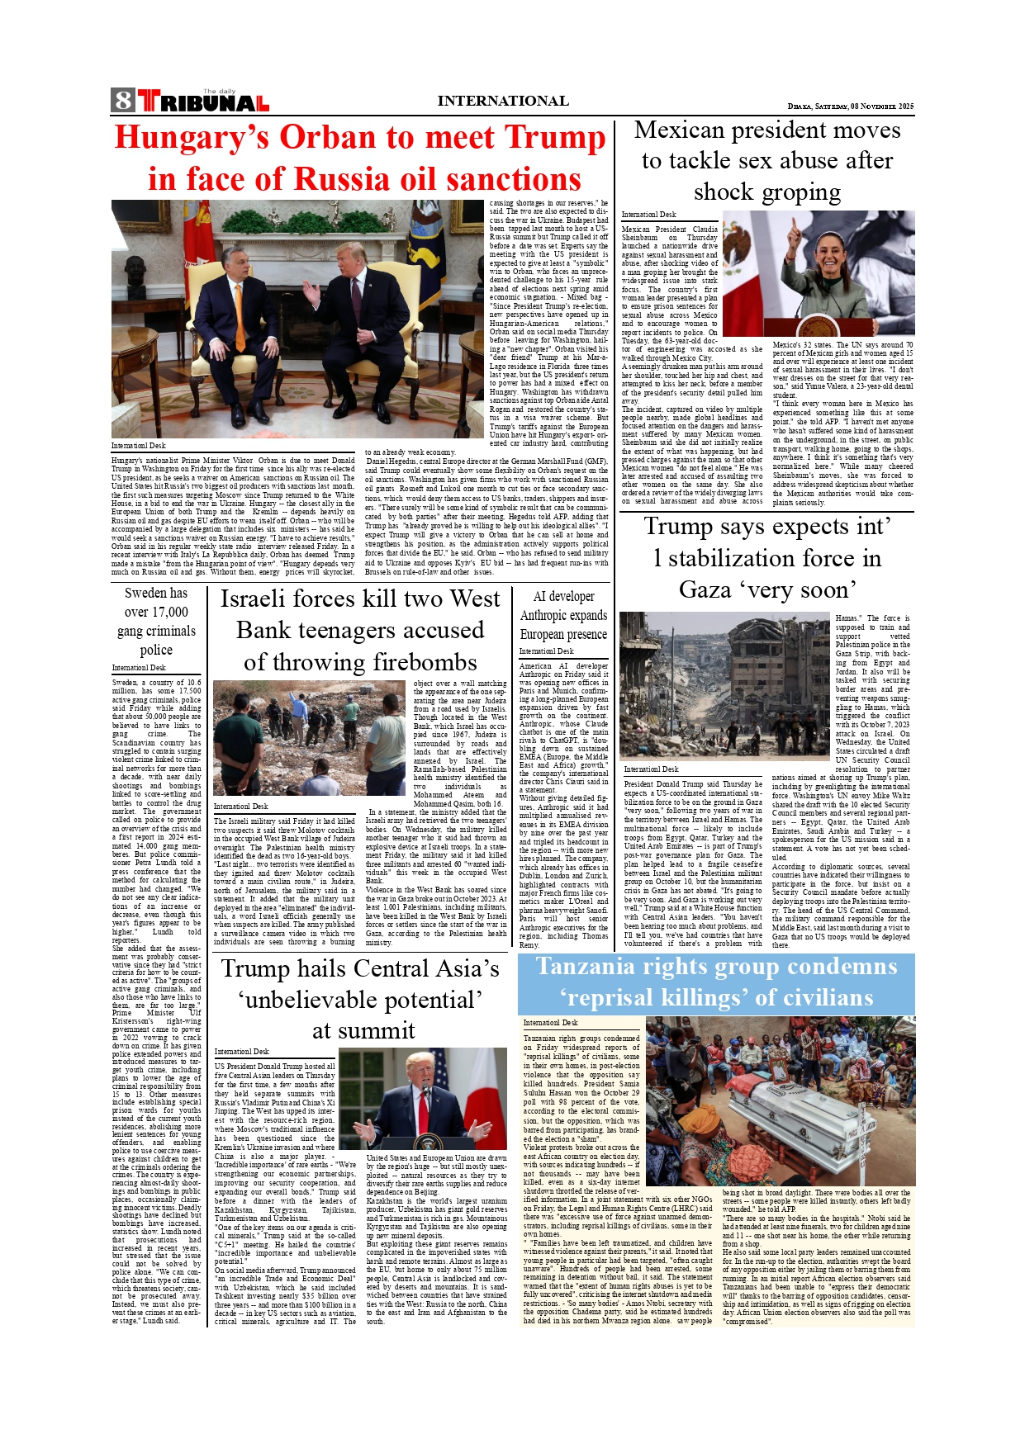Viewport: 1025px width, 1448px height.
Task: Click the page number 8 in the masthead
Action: coord(124,101)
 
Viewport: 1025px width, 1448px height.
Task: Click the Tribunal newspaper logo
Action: coord(203,102)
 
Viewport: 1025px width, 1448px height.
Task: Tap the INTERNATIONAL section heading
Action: coord(502,102)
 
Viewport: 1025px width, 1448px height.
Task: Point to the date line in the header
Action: coord(850,106)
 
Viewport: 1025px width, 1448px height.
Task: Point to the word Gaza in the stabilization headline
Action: coord(704,590)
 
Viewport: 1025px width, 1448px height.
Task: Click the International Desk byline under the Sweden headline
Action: coord(139,668)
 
